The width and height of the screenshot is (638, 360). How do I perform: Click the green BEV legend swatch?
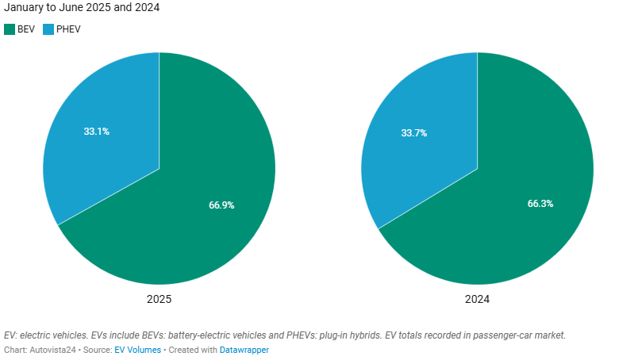10,29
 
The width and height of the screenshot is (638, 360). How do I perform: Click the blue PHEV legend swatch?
48,29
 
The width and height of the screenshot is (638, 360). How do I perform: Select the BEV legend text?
26,29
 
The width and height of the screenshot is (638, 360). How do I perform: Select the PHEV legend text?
68,29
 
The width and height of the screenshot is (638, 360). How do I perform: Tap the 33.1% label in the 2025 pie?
96,132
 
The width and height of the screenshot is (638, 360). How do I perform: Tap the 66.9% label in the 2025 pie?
221,205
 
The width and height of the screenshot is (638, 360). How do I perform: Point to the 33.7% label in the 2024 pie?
414,133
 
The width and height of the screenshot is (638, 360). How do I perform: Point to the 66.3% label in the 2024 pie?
540,204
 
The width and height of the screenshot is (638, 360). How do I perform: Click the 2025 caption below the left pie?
159,300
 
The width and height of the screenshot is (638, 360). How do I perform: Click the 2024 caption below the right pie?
477,300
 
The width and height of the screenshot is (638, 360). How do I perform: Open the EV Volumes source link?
137,350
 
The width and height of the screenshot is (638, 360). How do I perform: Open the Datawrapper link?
244,350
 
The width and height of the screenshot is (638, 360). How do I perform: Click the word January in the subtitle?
24,7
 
